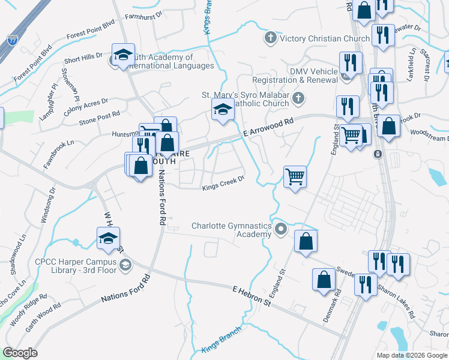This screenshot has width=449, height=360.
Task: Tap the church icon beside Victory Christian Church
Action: pyautogui.click(x=270, y=39)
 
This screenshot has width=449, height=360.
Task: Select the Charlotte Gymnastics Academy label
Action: pyautogui.click(x=231, y=230)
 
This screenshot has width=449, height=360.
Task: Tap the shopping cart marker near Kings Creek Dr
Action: pyautogui.click(x=295, y=177)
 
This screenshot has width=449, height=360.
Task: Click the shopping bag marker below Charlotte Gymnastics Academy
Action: pyautogui.click(x=306, y=241)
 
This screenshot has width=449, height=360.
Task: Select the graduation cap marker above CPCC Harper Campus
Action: pyautogui.click(x=108, y=238)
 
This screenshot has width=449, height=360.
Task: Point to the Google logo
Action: pyautogui.click(x=20, y=352)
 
